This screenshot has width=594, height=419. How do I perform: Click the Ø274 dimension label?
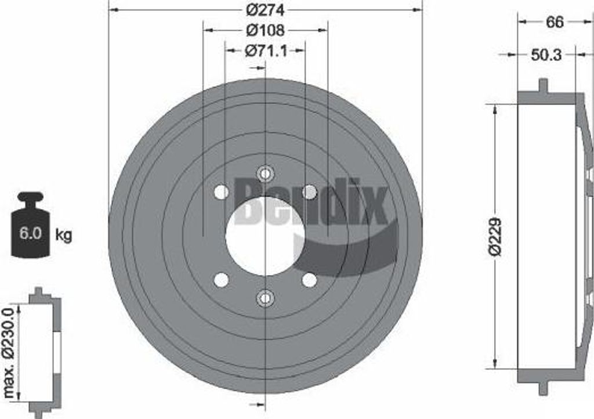click(x=265, y=10)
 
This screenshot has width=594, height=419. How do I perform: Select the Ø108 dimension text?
click(x=265, y=30)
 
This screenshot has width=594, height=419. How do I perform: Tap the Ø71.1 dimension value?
click(x=265, y=51)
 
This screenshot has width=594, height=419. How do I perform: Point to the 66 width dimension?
click(x=555, y=22)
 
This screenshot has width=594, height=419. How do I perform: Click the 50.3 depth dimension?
click(x=546, y=55)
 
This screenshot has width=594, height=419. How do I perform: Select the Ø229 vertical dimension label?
click(x=495, y=237)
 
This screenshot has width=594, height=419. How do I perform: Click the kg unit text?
click(x=64, y=235)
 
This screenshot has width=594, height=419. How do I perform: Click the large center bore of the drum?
click(x=265, y=236)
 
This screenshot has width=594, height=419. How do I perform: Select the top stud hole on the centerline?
click(x=265, y=173)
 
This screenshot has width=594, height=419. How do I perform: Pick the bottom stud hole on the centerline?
click(x=265, y=298)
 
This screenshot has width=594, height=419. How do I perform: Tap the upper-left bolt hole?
click(x=221, y=192)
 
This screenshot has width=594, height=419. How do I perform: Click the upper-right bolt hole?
click(x=310, y=192)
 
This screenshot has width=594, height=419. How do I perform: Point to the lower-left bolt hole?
click(x=221, y=280)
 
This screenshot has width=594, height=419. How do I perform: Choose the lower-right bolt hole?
click(x=310, y=280)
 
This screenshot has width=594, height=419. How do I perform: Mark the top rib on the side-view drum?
click(x=543, y=86)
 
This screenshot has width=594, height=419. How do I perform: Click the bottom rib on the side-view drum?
click(x=543, y=388)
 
